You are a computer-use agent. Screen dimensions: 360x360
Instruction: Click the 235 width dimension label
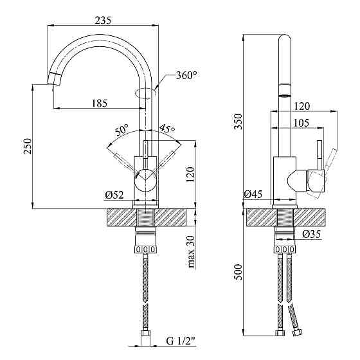[103, 20]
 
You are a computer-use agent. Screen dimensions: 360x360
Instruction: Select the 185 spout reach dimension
[100, 104]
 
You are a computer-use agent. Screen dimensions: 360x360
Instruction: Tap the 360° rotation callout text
[186, 75]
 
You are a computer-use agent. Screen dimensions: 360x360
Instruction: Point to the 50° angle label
[122, 130]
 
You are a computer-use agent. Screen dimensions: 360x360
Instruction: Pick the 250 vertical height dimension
[28, 147]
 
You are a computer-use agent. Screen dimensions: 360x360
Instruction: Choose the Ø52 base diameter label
[114, 195]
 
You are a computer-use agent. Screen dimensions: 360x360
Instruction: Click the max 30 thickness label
[191, 251]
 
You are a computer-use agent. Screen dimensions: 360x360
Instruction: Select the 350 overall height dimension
[238, 122]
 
